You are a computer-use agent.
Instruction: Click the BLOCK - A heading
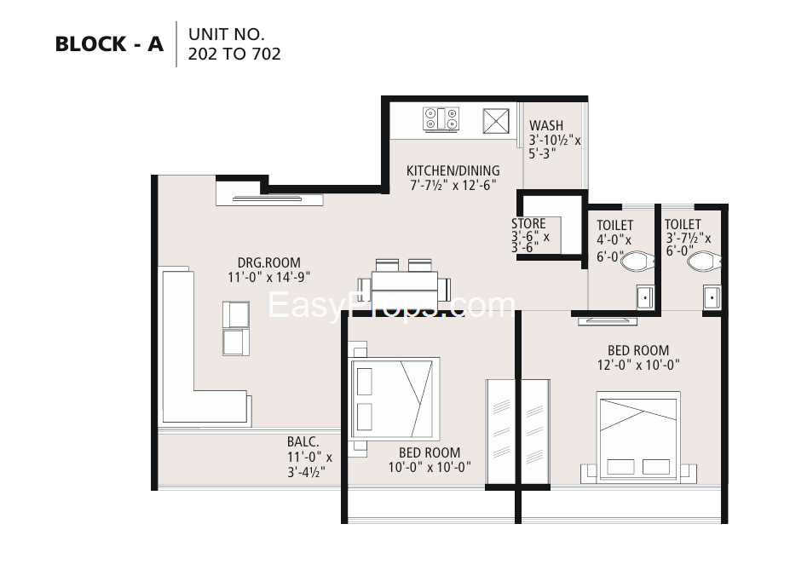[109, 44]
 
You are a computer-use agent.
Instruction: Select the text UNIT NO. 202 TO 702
[234, 43]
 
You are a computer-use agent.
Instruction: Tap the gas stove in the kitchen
[441, 120]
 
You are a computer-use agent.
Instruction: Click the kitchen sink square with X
[496, 121]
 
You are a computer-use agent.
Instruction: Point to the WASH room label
[546, 125]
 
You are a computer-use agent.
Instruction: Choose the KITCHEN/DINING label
[453, 170]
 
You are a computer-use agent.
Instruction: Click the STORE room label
[528, 223]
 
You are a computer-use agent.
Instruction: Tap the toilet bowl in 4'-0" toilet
[637, 262]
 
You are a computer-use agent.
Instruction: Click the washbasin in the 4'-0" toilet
[645, 297]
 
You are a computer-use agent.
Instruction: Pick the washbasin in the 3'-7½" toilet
[712, 297]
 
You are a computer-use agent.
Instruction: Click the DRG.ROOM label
[269, 262]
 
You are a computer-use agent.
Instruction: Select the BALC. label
[303, 442]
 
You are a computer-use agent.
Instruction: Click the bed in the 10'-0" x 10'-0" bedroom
[392, 398]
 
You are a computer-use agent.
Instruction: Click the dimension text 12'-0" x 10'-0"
[638, 365]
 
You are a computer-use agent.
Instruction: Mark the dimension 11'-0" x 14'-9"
[269, 277]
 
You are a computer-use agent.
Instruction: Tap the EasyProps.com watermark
[391, 305]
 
